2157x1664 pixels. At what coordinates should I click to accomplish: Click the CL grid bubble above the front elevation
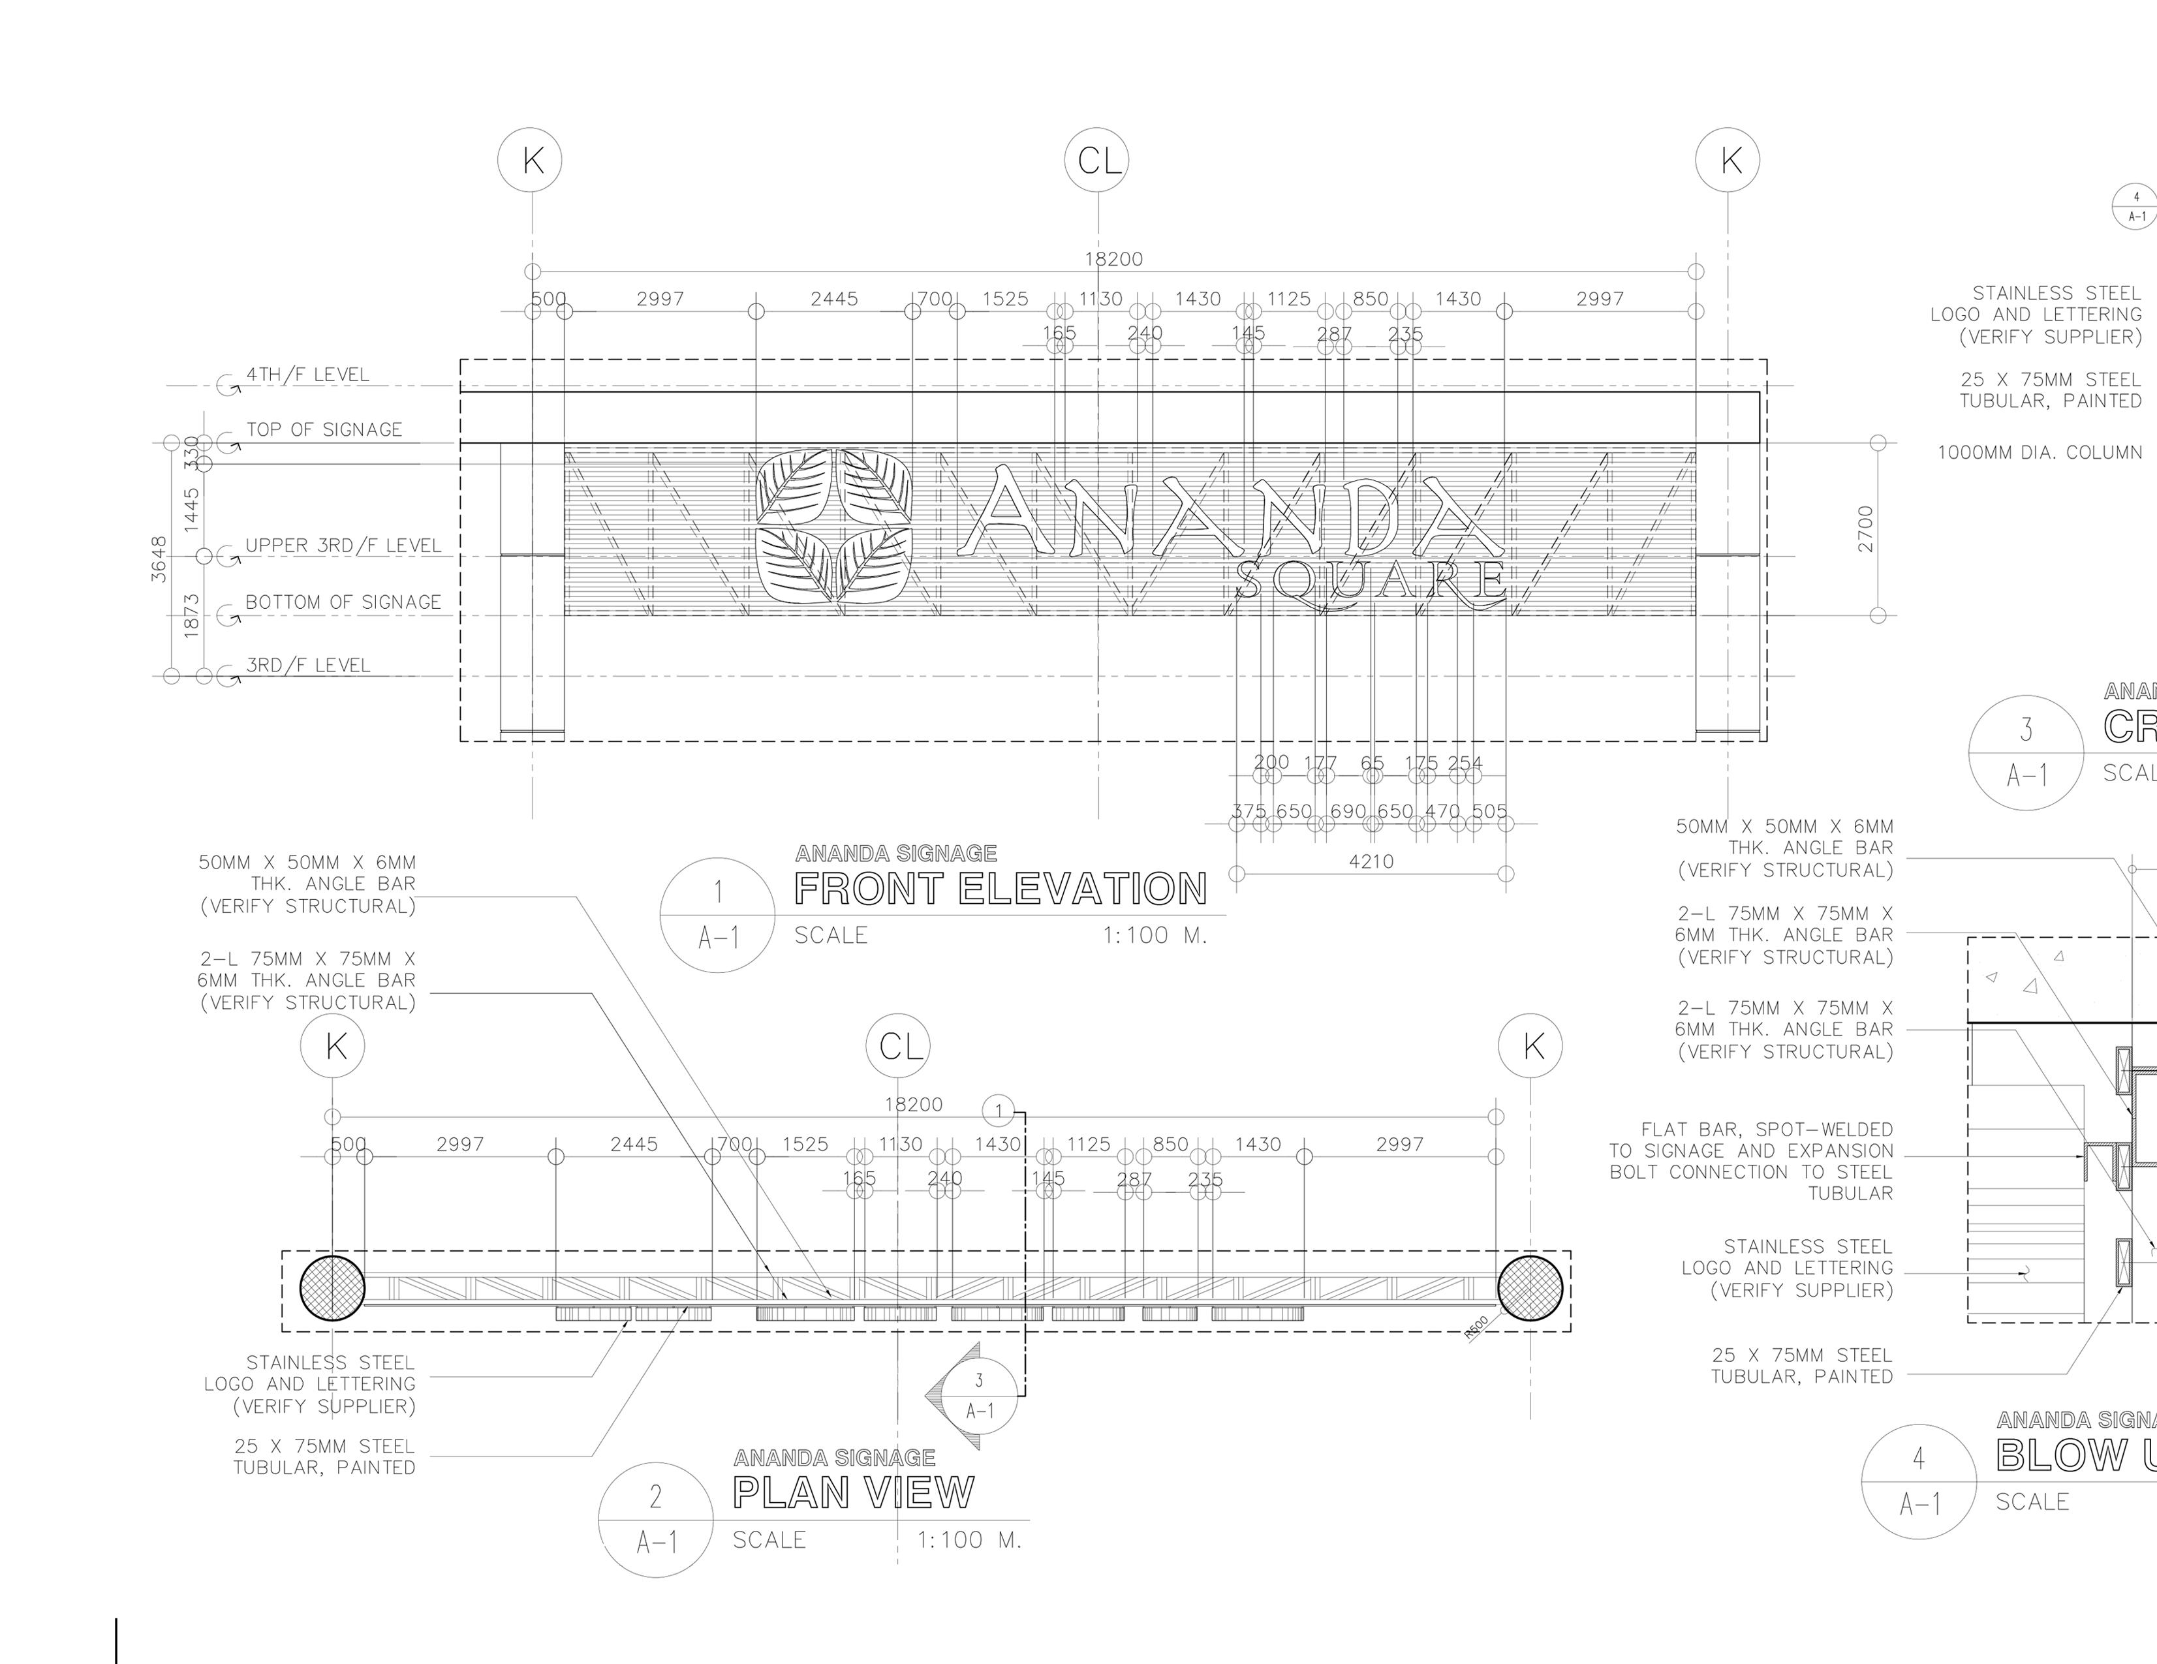click(x=1097, y=160)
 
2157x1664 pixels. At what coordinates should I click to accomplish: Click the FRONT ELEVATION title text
click(x=1001, y=889)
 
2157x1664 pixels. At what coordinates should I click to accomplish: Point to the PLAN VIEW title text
click(x=853, y=1492)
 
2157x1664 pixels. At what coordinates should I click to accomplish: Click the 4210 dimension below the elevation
click(x=1371, y=862)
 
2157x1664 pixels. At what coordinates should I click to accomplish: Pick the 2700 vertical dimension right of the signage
click(x=1865, y=529)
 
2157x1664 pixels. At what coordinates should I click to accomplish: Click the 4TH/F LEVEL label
click(x=307, y=375)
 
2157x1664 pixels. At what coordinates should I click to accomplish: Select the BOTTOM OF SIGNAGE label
click(x=343, y=602)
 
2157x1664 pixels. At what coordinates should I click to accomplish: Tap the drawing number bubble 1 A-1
click(x=718, y=914)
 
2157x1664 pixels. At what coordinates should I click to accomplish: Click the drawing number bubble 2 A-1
click(x=656, y=1519)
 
